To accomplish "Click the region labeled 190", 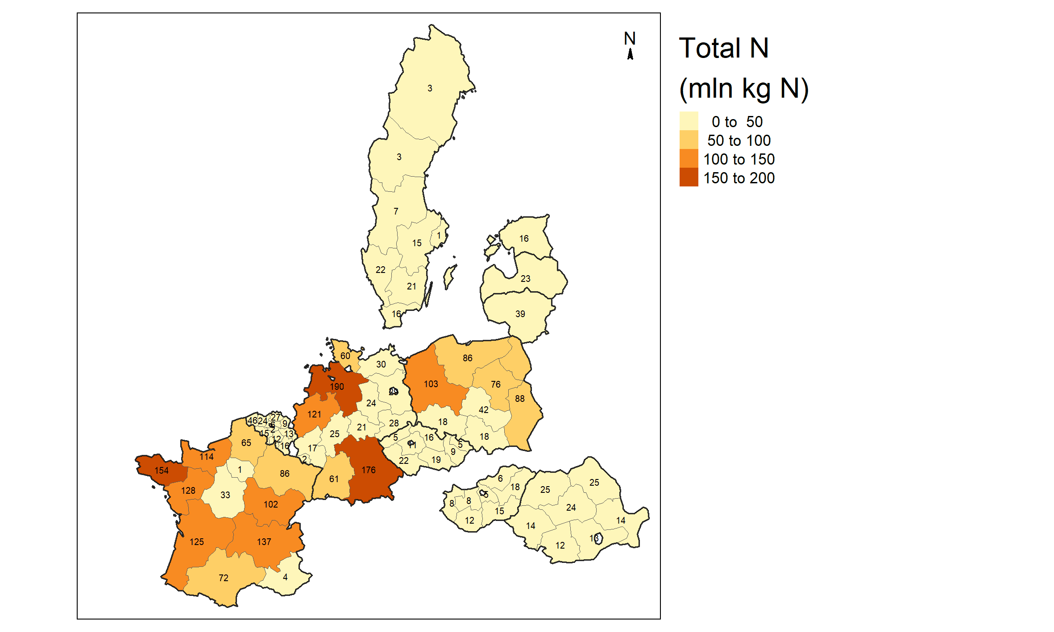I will pyautogui.click(x=337, y=386).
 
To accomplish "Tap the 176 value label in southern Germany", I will pyautogui.click(x=369, y=470).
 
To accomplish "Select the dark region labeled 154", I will pyautogui.click(x=162, y=471).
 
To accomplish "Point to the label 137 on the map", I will pyautogui.click(x=264, y=542).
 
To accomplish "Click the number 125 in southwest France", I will pyautogui.click(x=197, y=542).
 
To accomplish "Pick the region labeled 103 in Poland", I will pyautogui.click(x=431, y=384).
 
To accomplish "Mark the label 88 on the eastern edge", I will pyautogui.click(x=520, y=399).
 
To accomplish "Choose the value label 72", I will pyautogui.click(x=224, y=578).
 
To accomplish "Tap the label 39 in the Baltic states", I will pyautogui.click(x=520, y=314).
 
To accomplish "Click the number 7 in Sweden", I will pyautogui.click(x=396, y=211).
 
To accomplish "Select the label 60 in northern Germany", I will pyautogui.click(x=345, y=356).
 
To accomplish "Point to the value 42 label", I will pyautogui.click(x=484, y=410).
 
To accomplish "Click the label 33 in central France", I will pyautogui.click(x=225, y=495).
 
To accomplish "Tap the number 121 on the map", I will pyautogui.click(x=314, y=414).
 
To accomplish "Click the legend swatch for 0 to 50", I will pyautogui.click(x=689, y=121).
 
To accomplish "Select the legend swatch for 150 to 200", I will pyautogui.click(x=689, y=177).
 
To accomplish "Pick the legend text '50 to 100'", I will pyautogui.click(x=739, y=140).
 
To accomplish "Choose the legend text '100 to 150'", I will pyautogui.click(x=739, y=159).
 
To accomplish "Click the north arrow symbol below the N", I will pyautogui.click(x=630, y=54).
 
